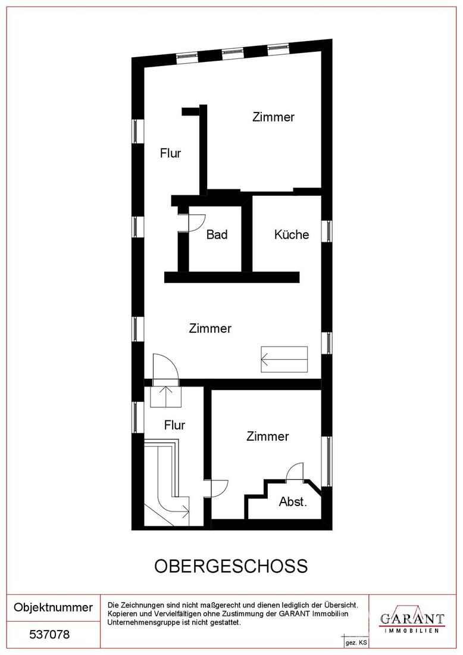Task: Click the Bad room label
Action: [x=217, y=235]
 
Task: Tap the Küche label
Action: [x=292, y=235]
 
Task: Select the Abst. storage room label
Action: [x=293, y=502]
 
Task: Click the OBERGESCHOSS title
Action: [x=231, y=566]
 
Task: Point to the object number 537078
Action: [x=49, y=635]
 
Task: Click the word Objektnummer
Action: [x=54, y=607]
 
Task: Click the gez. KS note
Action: [x=356, y=642]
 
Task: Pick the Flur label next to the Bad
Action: [x=170, y=153]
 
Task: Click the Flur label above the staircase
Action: [x=174, y=425]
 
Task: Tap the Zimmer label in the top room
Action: [x=274, y=117]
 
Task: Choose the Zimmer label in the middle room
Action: [x=210, y=328]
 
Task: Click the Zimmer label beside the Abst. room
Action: [x=268, y=436]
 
